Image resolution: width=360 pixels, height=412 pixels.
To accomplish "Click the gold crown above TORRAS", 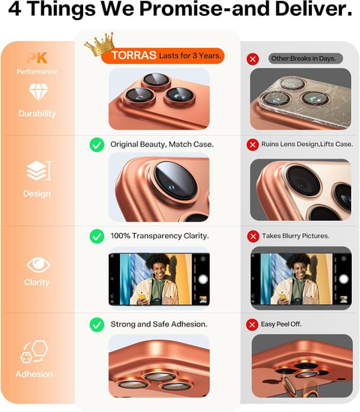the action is coord(100,44).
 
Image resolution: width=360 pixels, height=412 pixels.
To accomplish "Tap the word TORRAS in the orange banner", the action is coord(133,55).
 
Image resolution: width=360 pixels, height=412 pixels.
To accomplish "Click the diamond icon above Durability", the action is coord(38,92).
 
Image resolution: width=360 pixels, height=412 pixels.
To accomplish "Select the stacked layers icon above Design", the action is coord(39,171).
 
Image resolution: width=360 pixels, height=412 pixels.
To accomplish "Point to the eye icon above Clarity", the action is coord(38,265).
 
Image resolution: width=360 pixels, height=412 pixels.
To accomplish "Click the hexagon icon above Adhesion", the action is coord(34,351).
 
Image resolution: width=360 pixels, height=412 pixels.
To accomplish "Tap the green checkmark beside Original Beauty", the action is coord(97,145).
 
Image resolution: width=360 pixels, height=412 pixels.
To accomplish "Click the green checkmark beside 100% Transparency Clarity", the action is coord(97,236).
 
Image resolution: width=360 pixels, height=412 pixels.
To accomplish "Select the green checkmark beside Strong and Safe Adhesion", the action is coord(97,324).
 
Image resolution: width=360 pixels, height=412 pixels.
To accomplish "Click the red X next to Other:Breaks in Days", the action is coord(253,59).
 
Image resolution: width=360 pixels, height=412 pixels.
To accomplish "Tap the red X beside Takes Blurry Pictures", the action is coord(253,237).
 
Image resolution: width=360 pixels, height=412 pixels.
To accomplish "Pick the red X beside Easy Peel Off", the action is coord(252,325).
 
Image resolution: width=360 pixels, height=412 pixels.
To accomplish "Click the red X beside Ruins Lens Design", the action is coord(253,145).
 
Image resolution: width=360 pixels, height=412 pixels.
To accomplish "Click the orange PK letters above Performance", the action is coord(37,58).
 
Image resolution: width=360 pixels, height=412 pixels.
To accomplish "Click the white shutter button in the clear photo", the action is coord(203,279).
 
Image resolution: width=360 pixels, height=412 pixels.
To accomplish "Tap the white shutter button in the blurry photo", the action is coord(343,279).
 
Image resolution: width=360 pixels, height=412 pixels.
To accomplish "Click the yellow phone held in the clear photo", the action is coord(142,297).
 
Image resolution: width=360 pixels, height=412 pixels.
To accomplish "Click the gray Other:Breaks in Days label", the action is coord(305,58).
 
